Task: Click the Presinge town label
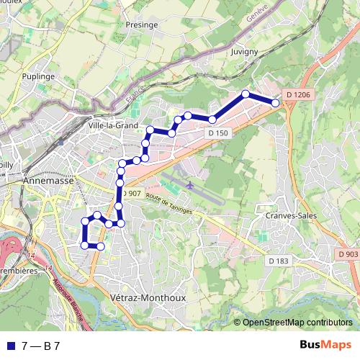(x=142, y=24)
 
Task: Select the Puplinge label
(x=39, y=75)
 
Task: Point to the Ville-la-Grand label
(x=113, y=125)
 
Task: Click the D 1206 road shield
(x=297, y=94)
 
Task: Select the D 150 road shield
(x=217, y=133)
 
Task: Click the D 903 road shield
(x=347, y=254)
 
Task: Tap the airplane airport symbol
(x=190, y=184)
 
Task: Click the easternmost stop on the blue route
(x=275, y=103)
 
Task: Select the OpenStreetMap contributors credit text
(x=297, y=323)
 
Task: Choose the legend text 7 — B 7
(x=41, y=346)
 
